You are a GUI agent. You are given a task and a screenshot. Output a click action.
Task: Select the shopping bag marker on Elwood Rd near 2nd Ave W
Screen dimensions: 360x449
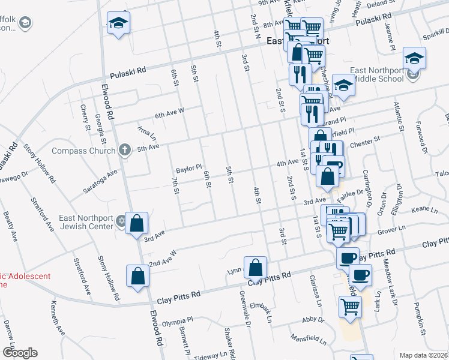pos(138,277)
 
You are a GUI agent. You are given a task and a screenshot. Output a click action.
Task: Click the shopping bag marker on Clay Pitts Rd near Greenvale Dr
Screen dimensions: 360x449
pos(255,268)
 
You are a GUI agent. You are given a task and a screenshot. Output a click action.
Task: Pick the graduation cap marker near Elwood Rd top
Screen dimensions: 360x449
pos(118,24)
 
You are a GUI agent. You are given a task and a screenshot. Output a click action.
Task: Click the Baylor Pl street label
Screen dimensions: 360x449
pos(188,169)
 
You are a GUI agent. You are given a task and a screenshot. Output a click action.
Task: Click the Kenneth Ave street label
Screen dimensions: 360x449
pos(58,319)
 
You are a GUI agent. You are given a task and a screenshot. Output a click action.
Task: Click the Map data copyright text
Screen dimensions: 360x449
pos(423,355)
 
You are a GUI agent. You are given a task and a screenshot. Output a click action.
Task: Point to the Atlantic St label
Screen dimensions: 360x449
pos(397,116)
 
